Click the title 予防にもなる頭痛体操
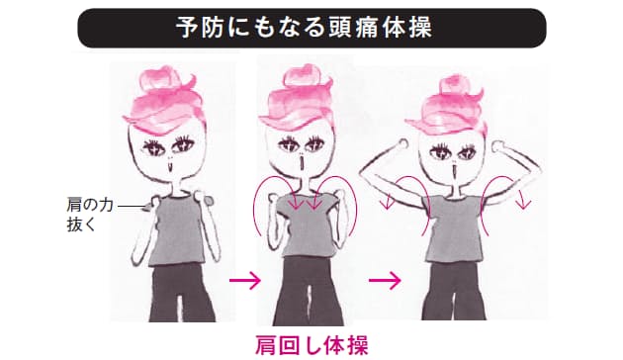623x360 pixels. point(304,28)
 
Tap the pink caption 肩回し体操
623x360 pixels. point(311,345)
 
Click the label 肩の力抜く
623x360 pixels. point(90,215)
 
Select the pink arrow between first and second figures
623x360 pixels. point(245,281)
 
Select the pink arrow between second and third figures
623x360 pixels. point(385,281)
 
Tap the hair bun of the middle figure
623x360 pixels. point(304,77)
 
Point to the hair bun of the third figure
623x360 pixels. point(454,86)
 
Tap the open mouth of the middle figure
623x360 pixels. point(304,162)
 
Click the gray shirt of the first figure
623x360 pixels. point(177,230)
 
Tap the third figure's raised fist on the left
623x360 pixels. point(403,143)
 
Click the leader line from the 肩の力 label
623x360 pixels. point(132,207)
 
